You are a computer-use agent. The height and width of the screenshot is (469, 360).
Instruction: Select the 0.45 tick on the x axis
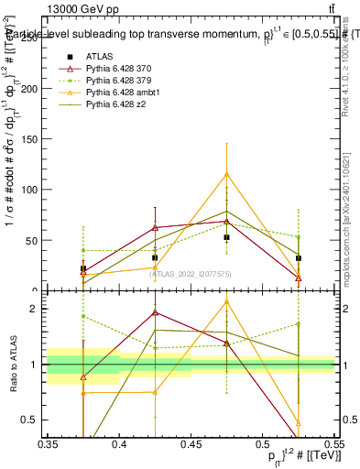pos(191,443)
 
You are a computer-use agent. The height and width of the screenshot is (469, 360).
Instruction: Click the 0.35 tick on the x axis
pos(48,443)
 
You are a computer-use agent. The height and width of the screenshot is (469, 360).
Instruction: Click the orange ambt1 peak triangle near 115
pos(226,174)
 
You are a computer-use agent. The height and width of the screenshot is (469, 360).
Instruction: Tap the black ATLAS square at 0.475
pos(226,237)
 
